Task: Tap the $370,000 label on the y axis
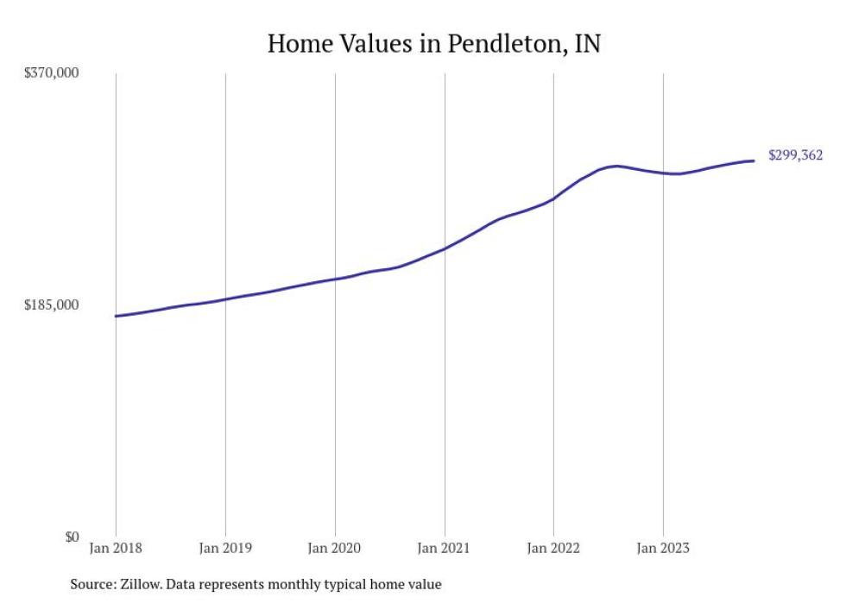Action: coord(51,73)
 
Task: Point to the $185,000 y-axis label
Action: coord(51,305)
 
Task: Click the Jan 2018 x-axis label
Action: coord(116,547)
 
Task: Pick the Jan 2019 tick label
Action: coord(225,547)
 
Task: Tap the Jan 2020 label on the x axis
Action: coord(335,547)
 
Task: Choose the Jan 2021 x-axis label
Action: coord(445,547)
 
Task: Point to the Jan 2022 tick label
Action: coord(553,547)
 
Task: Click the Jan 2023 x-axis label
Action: coord(663,547)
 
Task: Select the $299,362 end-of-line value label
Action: coord(795,156)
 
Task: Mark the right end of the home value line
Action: coord(754,160)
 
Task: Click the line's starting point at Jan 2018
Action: coord(116,316)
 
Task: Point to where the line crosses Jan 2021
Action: coord(445,248)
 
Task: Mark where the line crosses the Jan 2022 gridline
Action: coord(553,198)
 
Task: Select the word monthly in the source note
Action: coord(299,585)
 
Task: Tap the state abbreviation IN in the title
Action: coord(587,43)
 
